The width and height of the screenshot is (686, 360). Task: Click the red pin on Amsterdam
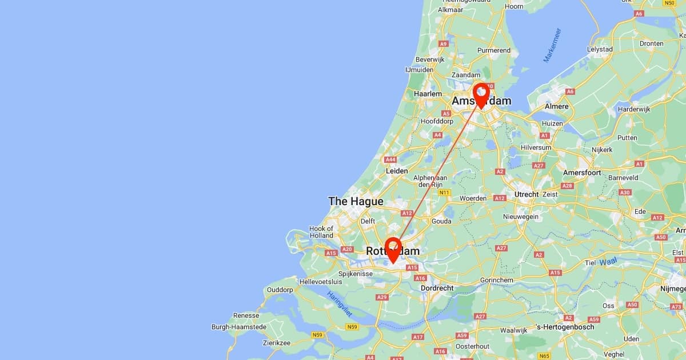pos(481,94)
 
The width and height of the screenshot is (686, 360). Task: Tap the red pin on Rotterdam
pos(393,248)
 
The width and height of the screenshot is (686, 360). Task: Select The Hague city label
pos(356,201)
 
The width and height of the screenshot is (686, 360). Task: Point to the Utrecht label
pos(527,194)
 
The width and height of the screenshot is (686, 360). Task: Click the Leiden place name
pos(397,171)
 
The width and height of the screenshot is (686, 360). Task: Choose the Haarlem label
pos(428,94)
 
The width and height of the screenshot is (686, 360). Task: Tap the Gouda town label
pos(442,221)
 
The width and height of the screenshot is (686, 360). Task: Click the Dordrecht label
pos(437,289)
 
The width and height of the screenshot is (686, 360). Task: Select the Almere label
pos(557,106)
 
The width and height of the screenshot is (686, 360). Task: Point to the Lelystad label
pos(600,49)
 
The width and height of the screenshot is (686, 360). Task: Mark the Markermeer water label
pos(552,45)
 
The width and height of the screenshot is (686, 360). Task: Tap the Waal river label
pos(609,262)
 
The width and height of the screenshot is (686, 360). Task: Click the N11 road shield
pos(444,193)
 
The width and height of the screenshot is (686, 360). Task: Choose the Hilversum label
pos(536,147)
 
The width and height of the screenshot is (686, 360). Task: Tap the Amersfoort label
pos(582,173)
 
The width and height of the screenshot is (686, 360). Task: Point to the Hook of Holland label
pos(321,232)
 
